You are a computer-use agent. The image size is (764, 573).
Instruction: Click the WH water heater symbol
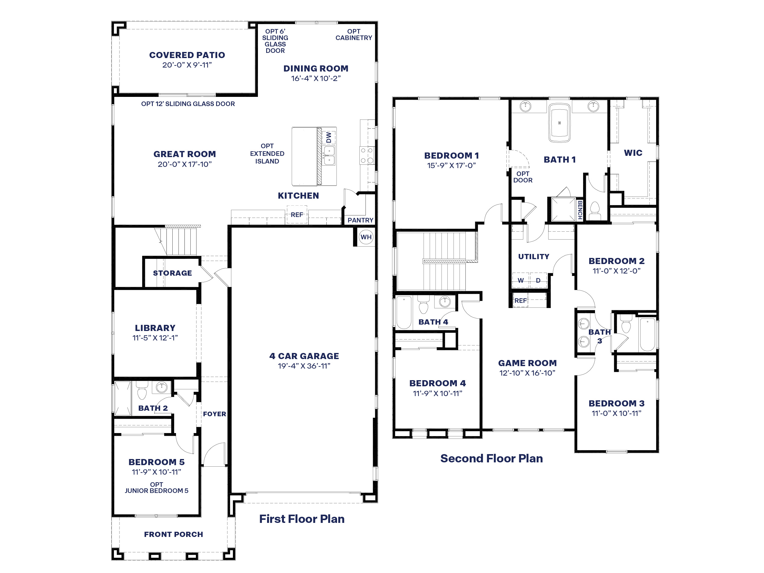point(366,237)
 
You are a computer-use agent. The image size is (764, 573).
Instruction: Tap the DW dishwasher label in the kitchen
point(329,138)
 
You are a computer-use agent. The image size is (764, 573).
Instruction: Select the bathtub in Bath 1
point(559,123)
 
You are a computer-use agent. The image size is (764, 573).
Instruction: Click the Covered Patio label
point(187,55)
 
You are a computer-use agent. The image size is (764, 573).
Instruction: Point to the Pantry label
point(360,220)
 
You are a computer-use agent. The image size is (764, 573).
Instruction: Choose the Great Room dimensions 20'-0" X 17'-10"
point(185,164)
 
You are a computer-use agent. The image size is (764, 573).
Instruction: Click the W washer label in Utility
point(520,281)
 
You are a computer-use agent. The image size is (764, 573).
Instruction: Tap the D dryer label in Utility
point(538,281)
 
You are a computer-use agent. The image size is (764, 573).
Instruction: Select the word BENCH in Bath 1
point(580,210)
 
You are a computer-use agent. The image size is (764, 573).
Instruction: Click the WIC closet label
point(633,153)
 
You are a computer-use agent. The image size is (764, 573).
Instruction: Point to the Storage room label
point(172,273)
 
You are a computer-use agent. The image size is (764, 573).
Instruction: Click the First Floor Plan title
point(302,519)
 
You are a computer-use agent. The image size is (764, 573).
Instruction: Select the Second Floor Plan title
point(491,458)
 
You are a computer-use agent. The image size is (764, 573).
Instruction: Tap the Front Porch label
point(173,534)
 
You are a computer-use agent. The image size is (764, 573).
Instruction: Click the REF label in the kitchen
point(297,215)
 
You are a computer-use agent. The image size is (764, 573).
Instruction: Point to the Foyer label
point(215,414)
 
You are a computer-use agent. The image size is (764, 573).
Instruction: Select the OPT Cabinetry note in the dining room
point(354,35)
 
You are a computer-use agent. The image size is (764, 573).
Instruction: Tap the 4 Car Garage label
point(304,356)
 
